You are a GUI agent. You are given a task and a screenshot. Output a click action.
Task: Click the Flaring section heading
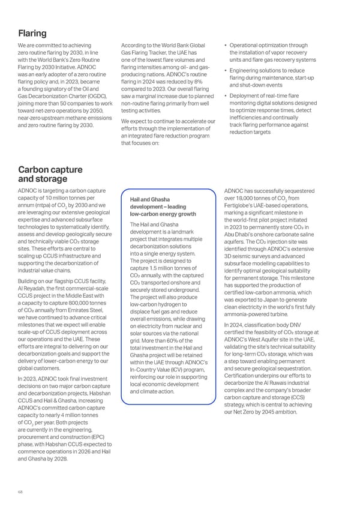(x=32, y=33)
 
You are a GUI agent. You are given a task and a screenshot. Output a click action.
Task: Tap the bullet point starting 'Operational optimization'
(x=270, y=46)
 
